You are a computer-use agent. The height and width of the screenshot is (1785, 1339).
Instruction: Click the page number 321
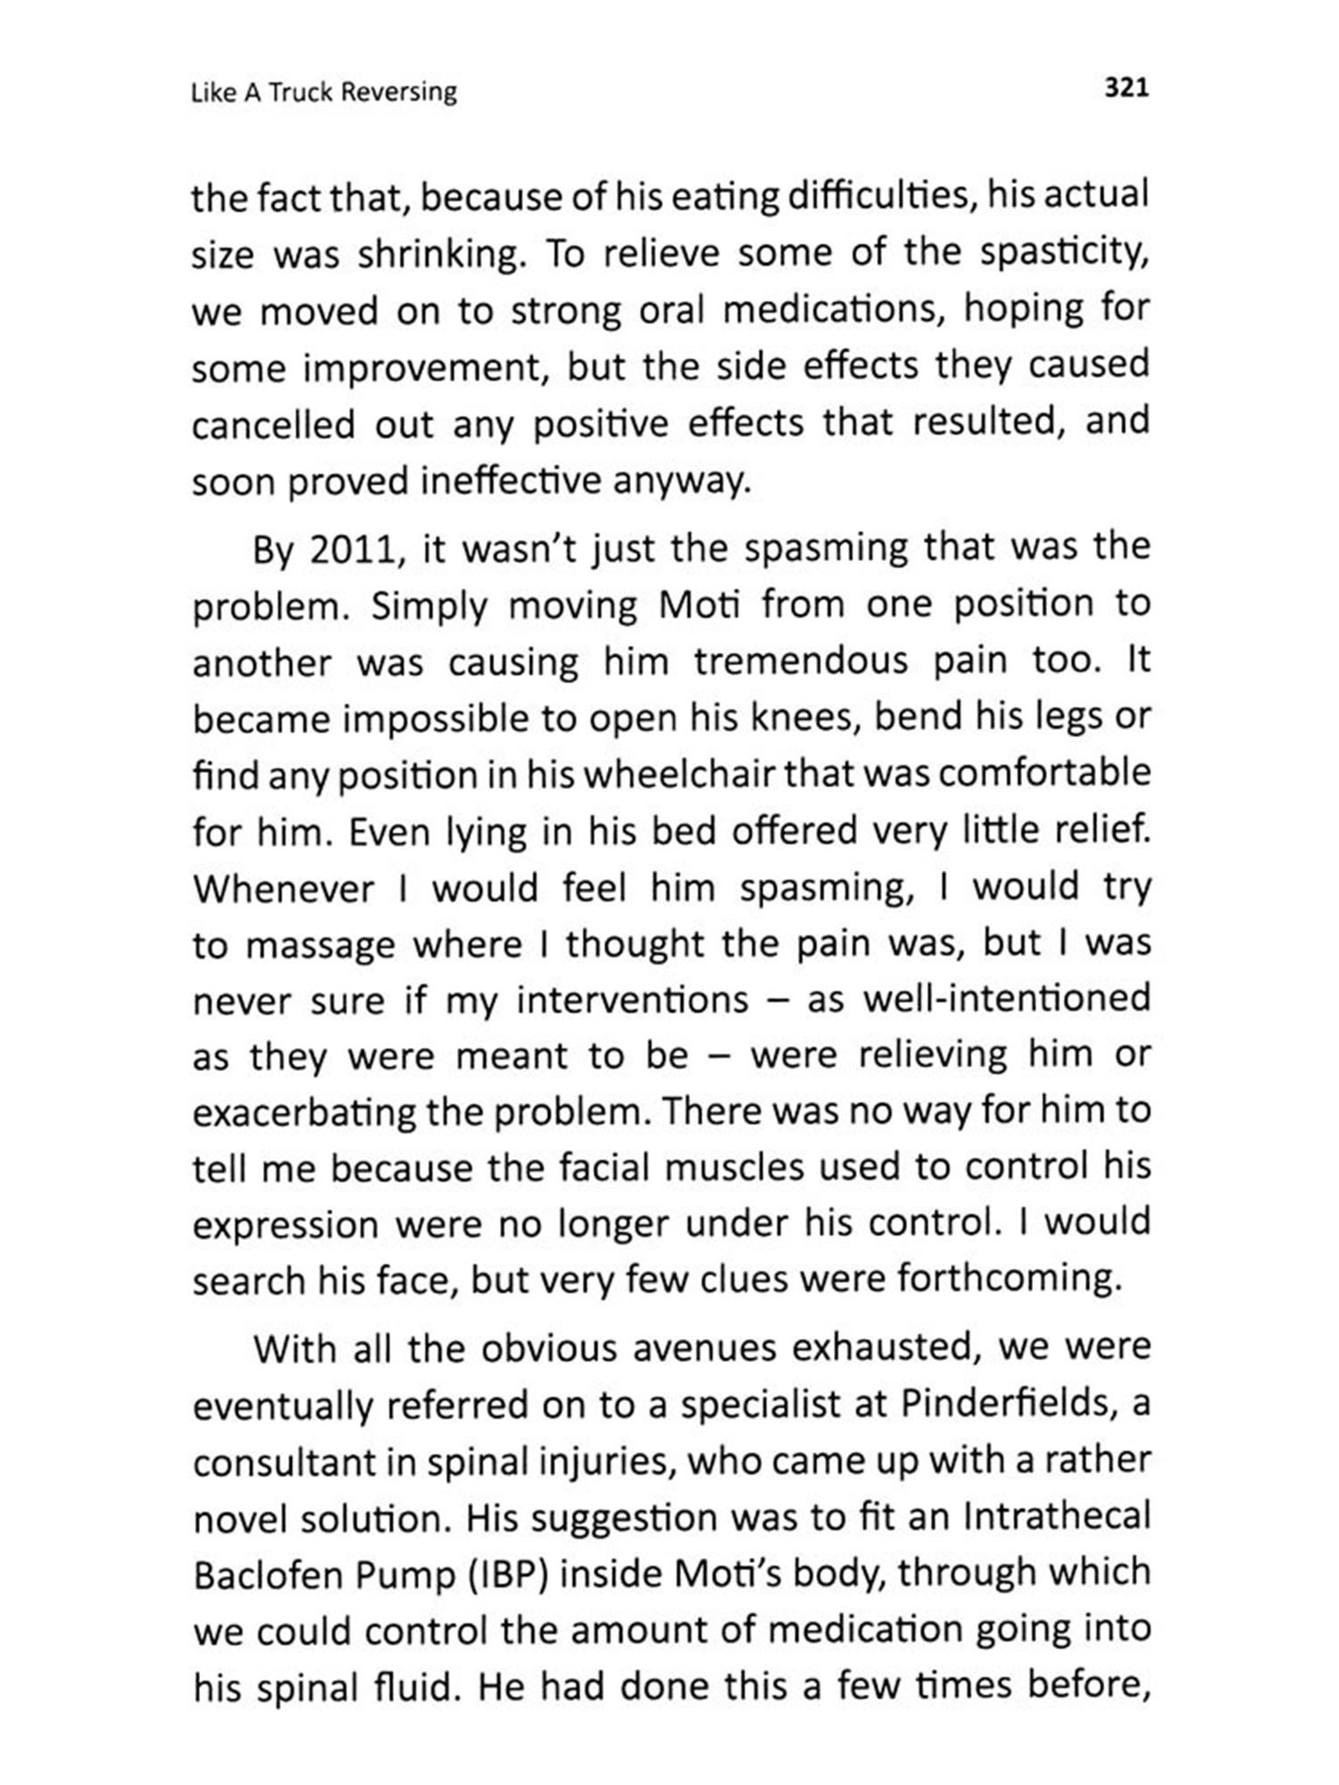[x=1127, y=88]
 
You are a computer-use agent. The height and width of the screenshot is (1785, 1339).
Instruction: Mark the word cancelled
[x=273, y=426]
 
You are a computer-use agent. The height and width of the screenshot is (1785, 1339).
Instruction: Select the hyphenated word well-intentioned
[x=1007, y=1000]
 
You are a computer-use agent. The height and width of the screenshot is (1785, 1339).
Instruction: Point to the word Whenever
[x=283, y=890]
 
